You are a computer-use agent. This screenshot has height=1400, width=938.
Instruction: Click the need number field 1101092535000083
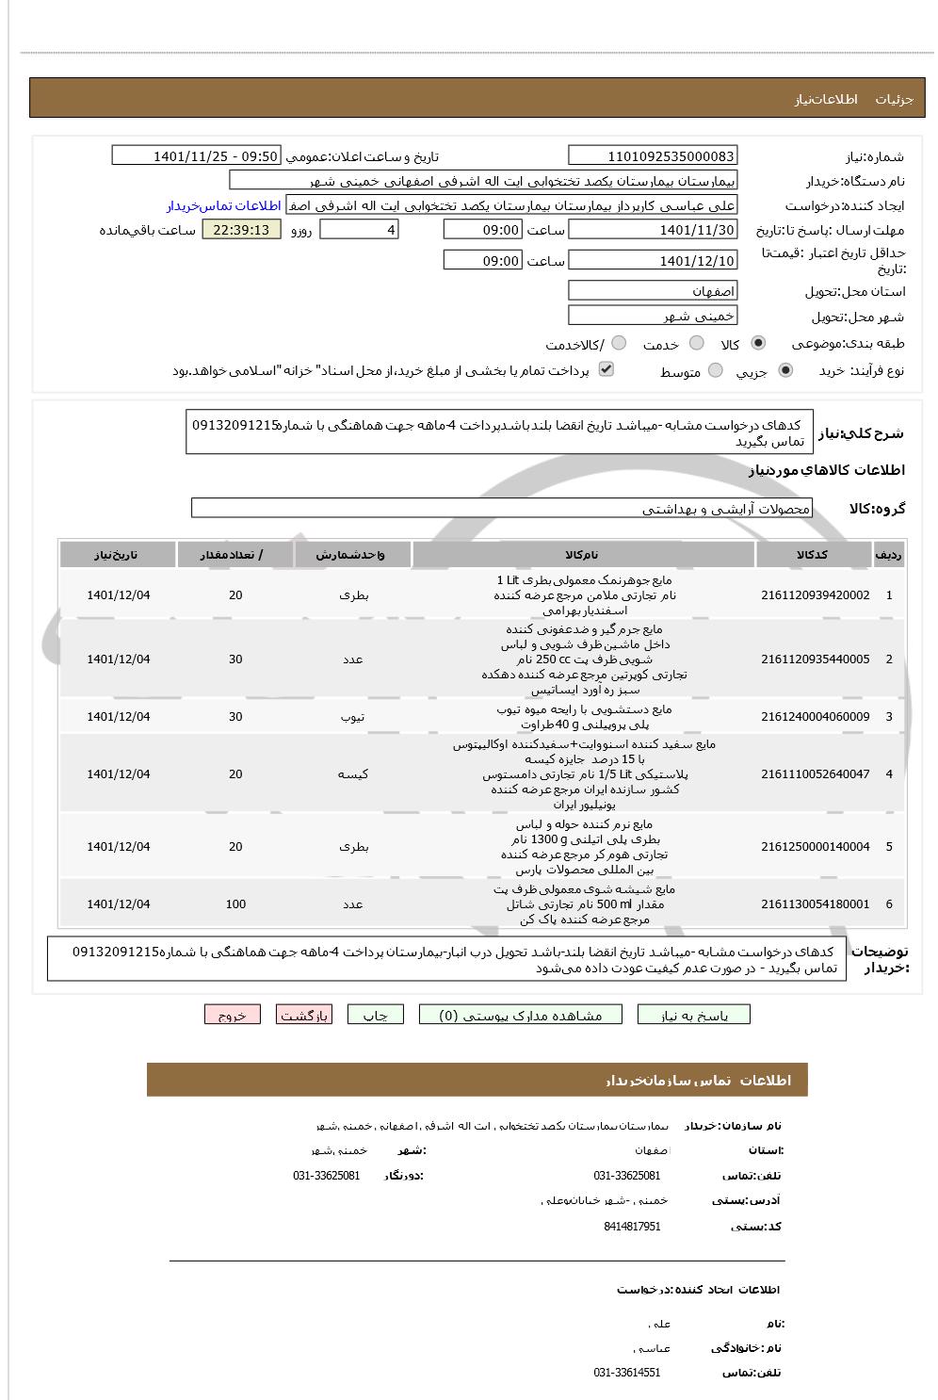tap(653, 155)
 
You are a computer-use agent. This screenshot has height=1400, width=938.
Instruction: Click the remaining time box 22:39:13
tap(241, 229)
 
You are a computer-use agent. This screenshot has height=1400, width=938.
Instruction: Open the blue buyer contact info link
tap(224, 205)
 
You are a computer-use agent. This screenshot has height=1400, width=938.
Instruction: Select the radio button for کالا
tap(759, 343)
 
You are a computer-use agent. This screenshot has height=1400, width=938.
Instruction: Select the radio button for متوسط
tap(716, 370)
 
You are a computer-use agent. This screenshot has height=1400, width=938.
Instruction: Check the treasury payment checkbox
tap(606, 369)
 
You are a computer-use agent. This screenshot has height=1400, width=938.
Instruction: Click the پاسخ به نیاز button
tap(694, 1015)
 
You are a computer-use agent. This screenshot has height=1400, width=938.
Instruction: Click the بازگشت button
tap(303, 1015)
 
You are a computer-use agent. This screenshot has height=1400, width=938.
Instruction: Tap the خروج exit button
tap(232, 1015)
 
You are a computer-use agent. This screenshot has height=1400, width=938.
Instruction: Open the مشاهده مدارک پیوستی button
tap(521, 1015)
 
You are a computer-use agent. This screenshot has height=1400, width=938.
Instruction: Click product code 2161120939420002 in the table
tap(815, 595)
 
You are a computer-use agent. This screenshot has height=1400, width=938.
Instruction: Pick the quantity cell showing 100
tap(235, 904)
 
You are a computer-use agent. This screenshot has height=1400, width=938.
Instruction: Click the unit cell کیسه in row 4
tap(352, 774)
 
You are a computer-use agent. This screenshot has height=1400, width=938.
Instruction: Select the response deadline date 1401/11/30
tap(653, 229)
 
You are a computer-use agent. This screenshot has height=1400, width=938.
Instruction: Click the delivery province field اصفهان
tap(653, 290)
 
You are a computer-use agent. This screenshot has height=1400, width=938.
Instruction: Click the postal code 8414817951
tap(632, 1227)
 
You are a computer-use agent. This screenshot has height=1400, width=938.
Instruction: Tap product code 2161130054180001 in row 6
tap(815, 904)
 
